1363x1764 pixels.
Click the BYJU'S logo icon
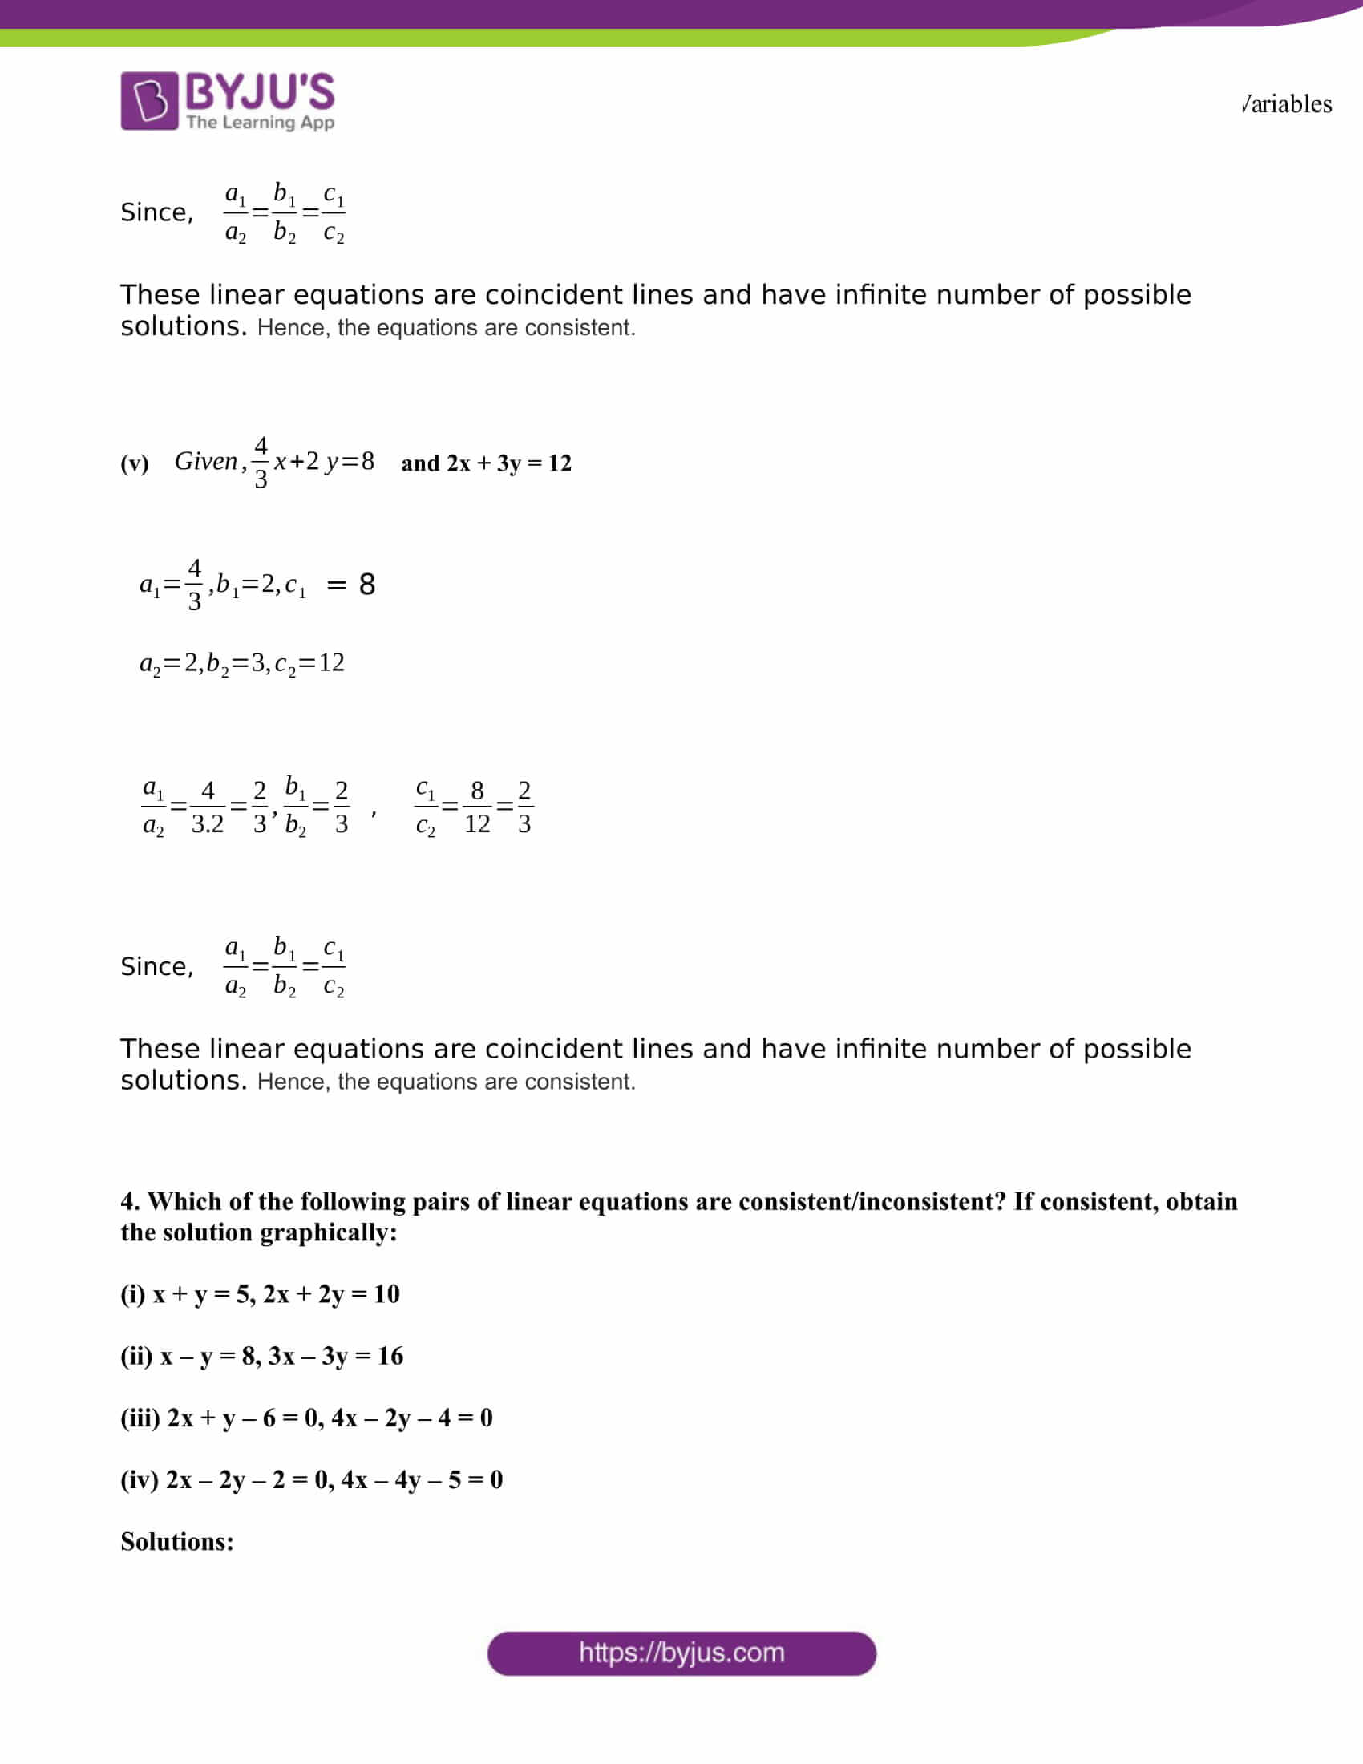[x=149, y=101]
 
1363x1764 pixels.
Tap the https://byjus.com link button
[x=681, y=1653]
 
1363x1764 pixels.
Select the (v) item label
[x=134, y=463]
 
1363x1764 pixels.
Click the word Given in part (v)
[x=206, y=461]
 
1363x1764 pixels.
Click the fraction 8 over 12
[x=477, y=807]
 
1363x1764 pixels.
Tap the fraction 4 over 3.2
[x=208, y=807]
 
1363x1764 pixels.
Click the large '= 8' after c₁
[x=351, y=584]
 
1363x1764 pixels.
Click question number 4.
[x=130, y=1201]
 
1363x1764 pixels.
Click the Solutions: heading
[x=177, y=1542]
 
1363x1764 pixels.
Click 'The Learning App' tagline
[x=260, y=123]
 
